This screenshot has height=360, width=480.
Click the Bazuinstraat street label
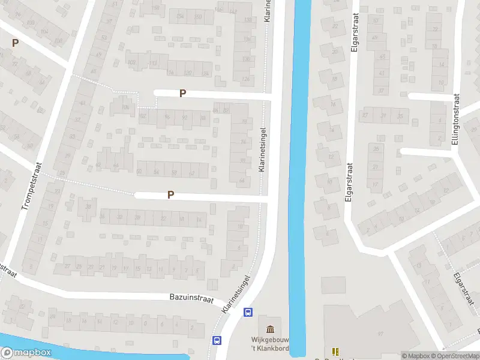tap(191, 298)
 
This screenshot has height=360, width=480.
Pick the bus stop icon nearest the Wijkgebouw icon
tap(247, 312)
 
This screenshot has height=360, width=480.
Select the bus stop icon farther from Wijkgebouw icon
tap(217, 340)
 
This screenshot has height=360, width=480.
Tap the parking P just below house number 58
tap(171, 194)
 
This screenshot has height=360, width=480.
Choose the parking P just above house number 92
tap(182, 93)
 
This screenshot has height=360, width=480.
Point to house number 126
tap(245, 79)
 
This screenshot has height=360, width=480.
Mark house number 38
tap(89, 207)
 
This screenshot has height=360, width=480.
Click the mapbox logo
tap(26, 353)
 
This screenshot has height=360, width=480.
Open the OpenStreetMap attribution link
tap(455, 356)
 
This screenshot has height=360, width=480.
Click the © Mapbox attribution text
tap(416, 356)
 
